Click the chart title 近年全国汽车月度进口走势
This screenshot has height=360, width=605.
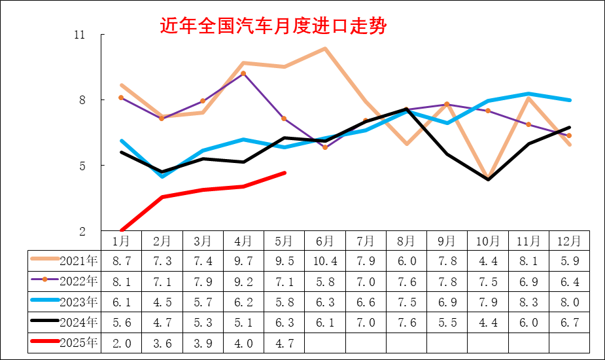pos(273,26)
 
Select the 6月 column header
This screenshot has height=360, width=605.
pos(324,241)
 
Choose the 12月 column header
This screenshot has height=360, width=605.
pos(569,241)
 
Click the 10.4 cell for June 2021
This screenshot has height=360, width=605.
pos(324,261)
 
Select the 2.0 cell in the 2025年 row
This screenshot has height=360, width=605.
pos(121,343)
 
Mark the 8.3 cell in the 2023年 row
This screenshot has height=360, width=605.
pos(528,302)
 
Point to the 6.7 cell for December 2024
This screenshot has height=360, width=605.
pos(569,322)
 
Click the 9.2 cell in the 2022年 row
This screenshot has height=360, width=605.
pos(243,281)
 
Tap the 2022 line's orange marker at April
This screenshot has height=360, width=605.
pos(243,73)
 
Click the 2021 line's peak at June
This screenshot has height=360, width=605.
pos(324,48)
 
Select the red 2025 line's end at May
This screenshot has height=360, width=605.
pos(284,173)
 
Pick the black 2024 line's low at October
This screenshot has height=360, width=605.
pos(488,179)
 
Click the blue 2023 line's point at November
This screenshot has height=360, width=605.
pos(528,94)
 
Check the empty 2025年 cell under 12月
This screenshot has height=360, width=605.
pos(569,343)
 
